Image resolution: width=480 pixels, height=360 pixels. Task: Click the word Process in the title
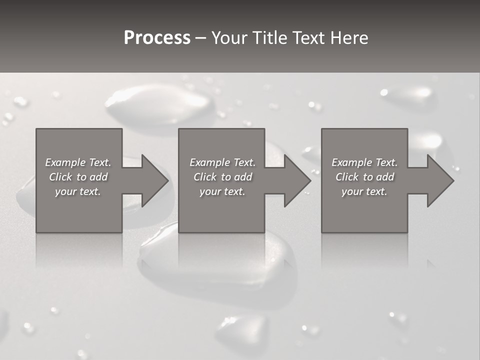[157, 38]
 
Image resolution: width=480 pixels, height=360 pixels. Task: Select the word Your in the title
[229, 38]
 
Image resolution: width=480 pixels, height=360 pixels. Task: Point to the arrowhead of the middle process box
[297, 180]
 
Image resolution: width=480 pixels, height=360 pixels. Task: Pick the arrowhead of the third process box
[439, 180]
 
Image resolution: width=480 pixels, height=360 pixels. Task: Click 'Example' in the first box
[65, 162]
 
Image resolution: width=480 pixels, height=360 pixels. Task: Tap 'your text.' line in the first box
[78, 191]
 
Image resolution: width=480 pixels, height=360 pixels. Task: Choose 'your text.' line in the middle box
[222, 191]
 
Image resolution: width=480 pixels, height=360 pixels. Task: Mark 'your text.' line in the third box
[364, 191]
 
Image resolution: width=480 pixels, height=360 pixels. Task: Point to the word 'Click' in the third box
[347, 177]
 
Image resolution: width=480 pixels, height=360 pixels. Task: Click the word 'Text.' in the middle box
[243, 162]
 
